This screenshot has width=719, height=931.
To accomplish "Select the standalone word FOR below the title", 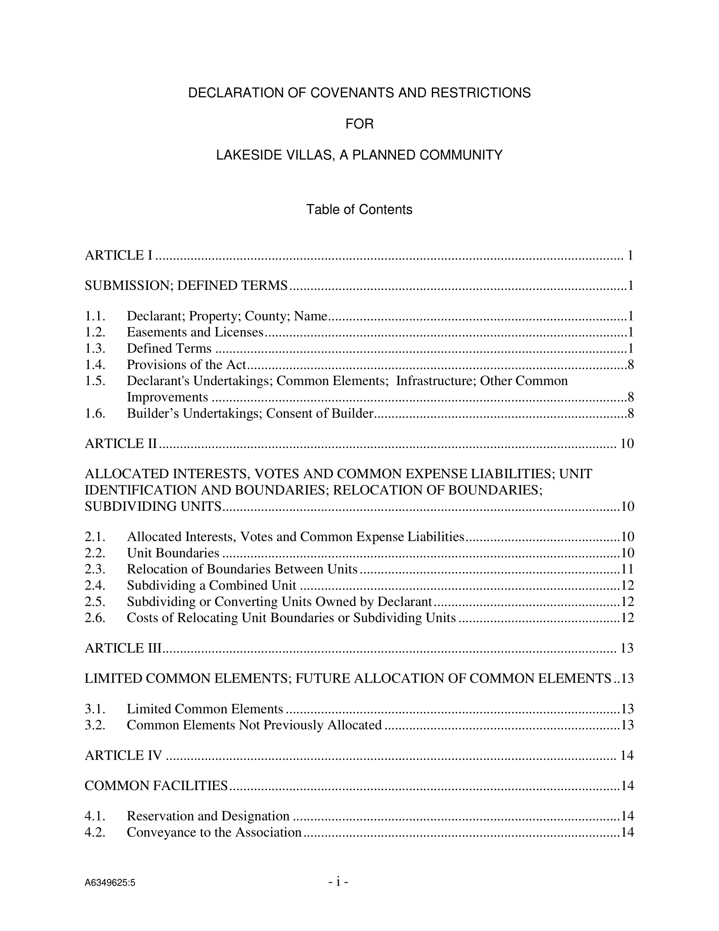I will [x=359, y=124].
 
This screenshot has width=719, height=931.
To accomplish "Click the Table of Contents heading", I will [x=359, y=210].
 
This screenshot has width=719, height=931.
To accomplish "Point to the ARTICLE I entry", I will [x=118, y=255].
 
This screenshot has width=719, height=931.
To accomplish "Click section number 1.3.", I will [x=95, y=348].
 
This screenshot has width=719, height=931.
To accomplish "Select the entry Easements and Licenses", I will [x=195, y=332].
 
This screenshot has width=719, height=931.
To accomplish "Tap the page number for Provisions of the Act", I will [x=631, y=364].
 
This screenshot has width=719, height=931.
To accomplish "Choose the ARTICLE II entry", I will [x=121, y=444].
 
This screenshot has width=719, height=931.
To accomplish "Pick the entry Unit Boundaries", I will [x=173, y=553].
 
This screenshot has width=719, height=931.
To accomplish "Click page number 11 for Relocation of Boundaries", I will [x=627, y=569].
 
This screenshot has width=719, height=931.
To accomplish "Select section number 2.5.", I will [x=95, y=601].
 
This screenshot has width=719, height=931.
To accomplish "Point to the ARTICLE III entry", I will [x=123, y=648].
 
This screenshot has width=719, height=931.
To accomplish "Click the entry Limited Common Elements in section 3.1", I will [x=205, y=709].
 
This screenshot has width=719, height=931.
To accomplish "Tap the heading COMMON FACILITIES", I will [x=156, y=786].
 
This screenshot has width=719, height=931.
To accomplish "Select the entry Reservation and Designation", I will [x=208, y=816].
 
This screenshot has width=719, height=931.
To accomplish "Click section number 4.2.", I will [x=95, y=832].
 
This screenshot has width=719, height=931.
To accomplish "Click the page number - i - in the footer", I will [x=338, y=882].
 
